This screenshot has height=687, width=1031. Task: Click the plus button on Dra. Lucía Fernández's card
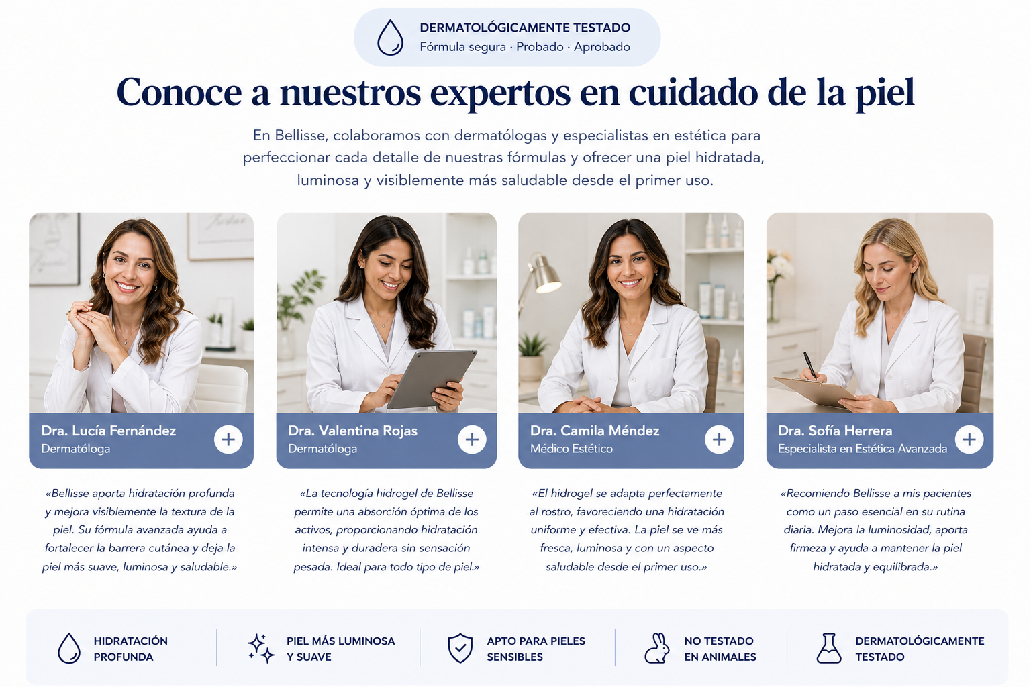tap(228, 439)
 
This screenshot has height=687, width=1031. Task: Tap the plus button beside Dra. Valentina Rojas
tap(472, 439)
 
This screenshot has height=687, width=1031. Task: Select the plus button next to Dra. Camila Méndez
tap(719, 439)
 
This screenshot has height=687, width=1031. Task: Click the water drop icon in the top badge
tap(390, 38)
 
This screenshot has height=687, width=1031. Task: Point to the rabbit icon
tap(657, 648)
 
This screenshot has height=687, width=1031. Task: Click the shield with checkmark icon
tap(460, 648)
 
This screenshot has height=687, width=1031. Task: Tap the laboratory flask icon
tap(829, 648)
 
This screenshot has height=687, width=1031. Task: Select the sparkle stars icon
tap(261, 648)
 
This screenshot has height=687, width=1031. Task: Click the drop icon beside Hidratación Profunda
tap(69, 648)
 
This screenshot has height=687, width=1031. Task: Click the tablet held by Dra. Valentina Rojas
tap(432, 378)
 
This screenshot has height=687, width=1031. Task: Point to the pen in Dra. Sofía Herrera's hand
tap(810, 366)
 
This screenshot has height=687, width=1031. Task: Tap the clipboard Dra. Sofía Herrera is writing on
tap(815, 391)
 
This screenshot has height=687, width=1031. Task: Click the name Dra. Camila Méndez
tap(595, 431)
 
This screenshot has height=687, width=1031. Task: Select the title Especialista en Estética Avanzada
tap(863, 449)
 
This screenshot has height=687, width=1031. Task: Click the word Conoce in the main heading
tap(179, 92)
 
